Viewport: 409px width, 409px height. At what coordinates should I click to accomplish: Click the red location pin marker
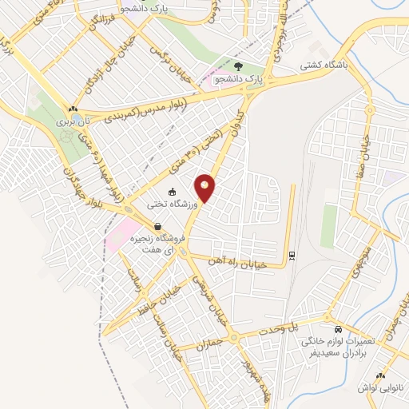point(206,189)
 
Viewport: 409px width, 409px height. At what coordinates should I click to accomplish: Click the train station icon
point(292,256)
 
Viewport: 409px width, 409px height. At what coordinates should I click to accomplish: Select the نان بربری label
point(69,125)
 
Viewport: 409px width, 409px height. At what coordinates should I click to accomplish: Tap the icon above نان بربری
point(73,109)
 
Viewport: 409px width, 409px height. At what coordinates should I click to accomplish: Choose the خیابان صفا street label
point(371,151)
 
